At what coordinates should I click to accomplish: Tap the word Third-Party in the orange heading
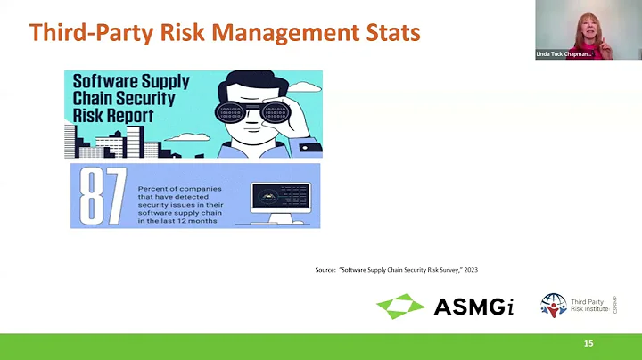[x=85, y=33]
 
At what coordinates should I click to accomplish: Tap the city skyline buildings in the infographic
[x=107, y=143]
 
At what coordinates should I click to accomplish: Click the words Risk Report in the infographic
[x=114, y=116]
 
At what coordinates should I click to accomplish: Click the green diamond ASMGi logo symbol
[x=400, y=306]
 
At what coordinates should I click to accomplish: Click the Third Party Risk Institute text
[x=591, y=305]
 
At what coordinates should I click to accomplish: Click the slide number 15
[x=588, y=344]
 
